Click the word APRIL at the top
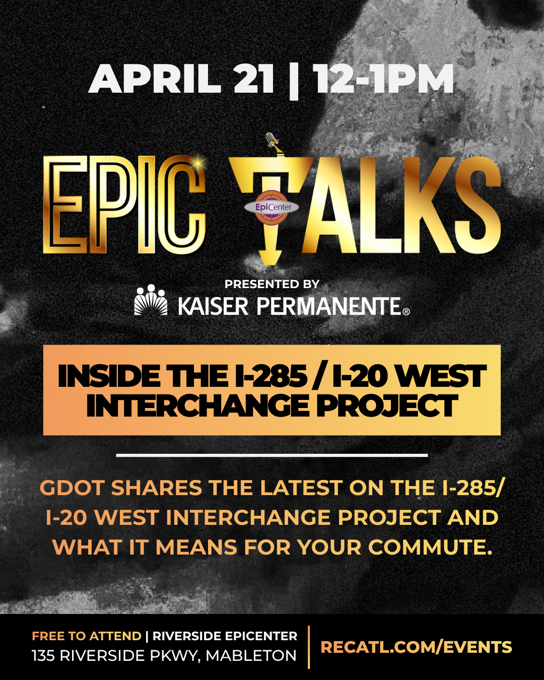[155, 79]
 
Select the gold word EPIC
[124, 204]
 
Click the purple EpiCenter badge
[271, 207]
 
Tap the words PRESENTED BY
[272, 284]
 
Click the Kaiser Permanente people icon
[151, 301]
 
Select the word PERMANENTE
[329, 306]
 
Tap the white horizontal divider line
[272, 455]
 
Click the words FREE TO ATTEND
[86, 636]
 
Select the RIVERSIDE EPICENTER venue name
[225, 636]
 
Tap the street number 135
[43, 656]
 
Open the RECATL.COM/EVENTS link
[416, 647]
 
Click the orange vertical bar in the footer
[309, 647]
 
